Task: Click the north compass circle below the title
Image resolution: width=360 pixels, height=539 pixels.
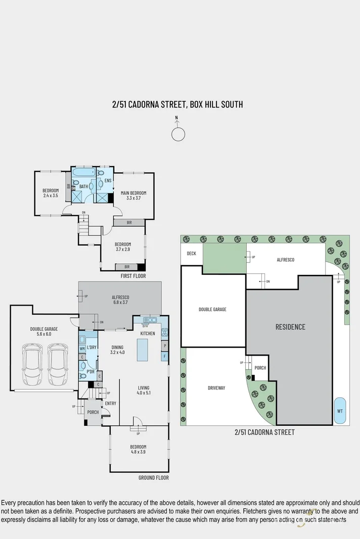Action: pos(178,134)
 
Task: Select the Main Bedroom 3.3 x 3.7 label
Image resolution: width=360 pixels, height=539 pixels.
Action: pos(133,195)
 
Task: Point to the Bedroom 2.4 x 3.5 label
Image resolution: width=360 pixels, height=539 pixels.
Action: pos(51,193)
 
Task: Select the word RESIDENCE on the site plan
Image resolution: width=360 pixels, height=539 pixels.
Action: pos(290,327)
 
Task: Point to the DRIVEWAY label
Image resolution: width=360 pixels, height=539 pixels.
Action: pos(216,388)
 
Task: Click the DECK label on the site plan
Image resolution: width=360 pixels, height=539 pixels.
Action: pos(191,254)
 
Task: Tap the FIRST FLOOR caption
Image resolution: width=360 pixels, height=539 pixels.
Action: pos(133,276)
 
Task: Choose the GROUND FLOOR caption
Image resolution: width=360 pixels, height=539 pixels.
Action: pos(153,477)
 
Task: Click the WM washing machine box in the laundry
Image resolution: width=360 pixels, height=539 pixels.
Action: pos(82,349)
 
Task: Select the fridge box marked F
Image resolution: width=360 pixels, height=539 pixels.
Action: pos(164,357)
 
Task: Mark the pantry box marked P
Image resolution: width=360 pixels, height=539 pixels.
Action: pos(164,346)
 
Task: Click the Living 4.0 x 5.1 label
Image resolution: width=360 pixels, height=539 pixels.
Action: pos(144,390)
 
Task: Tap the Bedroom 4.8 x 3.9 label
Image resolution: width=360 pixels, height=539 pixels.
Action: pos(138,450)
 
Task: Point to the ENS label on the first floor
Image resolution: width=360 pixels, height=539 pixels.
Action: pos(108,181)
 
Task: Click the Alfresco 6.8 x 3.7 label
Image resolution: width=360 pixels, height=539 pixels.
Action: pos(120,300)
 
